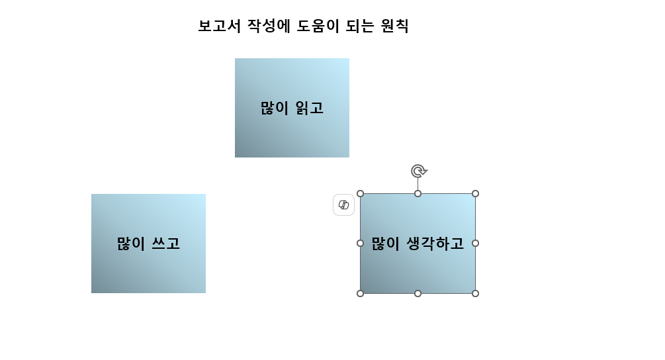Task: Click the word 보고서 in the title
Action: point(219,26)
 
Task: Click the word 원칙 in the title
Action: point(395,26)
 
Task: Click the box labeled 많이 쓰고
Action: point(148,271)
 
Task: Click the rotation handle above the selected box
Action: point(418,171)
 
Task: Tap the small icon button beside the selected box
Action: point(343,205)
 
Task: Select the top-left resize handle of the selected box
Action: point(361,193)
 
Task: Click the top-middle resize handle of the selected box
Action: point(418,193)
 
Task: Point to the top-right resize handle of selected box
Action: point(475,193)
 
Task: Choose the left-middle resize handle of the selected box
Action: point(361,243)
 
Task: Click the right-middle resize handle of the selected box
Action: point(475,243)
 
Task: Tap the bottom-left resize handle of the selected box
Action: point(361,293)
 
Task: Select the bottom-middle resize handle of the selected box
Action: point(418,293)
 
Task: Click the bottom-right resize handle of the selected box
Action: point(475,293)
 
